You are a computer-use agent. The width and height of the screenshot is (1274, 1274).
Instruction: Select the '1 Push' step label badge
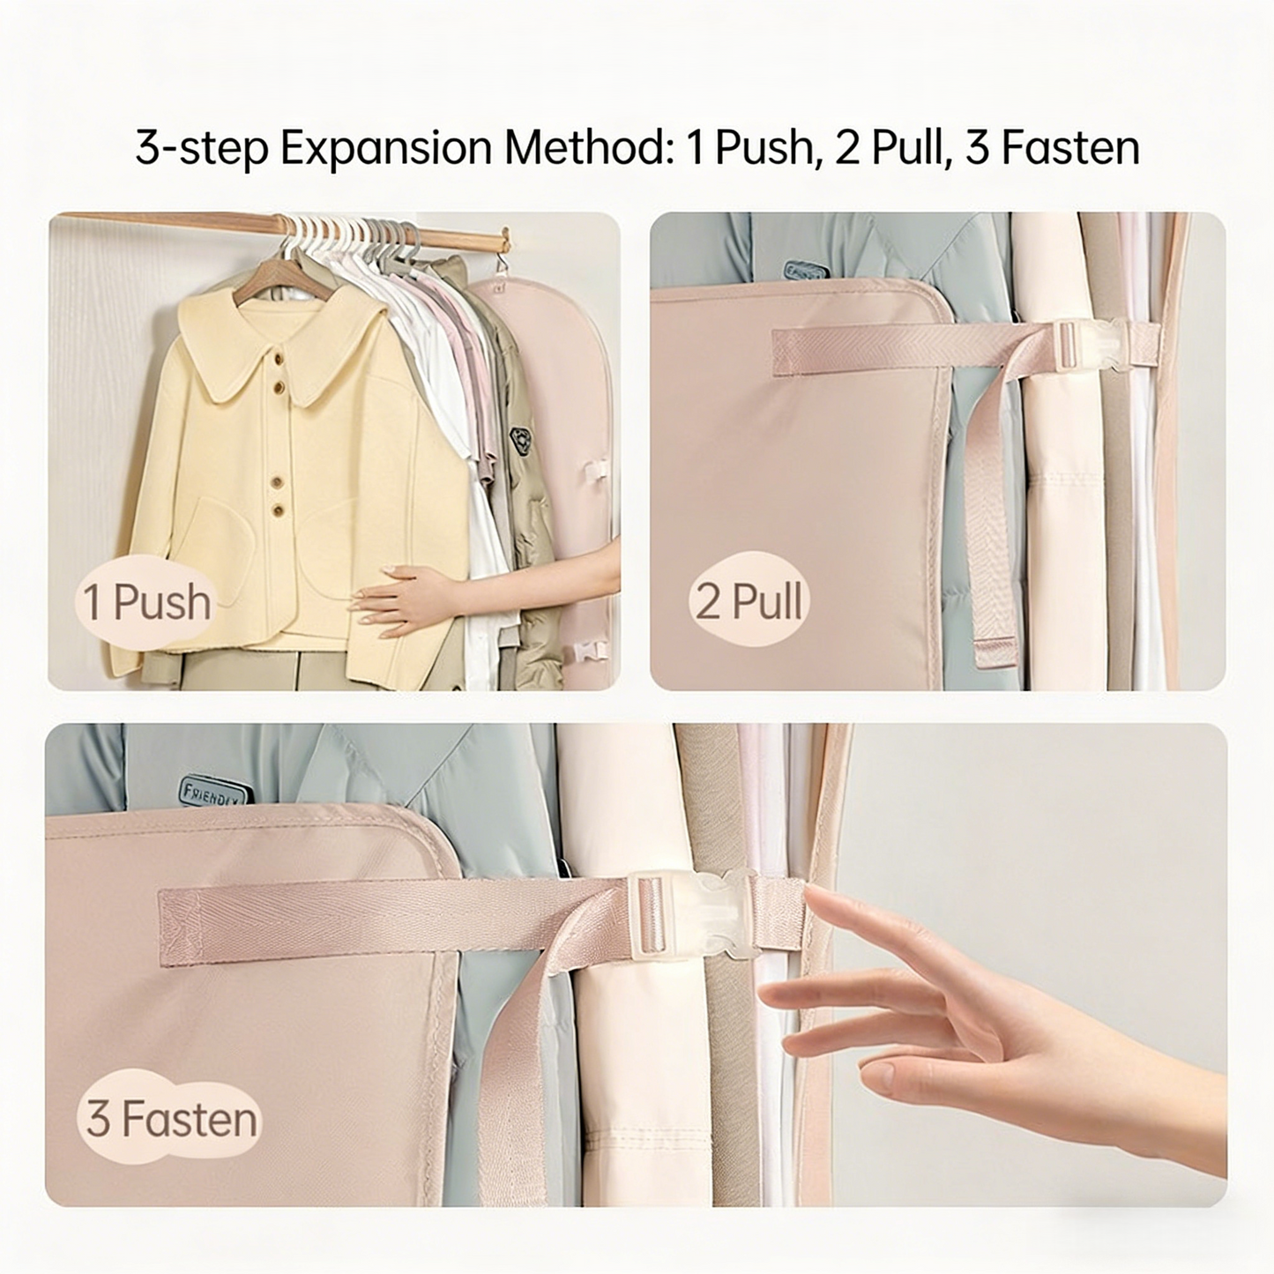(x=146, y=603)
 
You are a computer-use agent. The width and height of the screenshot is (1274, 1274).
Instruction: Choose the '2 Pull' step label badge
(x=749, y=601)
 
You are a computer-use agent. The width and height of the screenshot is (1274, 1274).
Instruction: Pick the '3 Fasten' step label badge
(x=171, y=1118)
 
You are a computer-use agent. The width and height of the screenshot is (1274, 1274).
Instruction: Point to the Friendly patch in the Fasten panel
(x=212, y=791)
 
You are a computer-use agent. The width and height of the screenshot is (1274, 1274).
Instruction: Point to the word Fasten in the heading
(x=1070, y=148)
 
